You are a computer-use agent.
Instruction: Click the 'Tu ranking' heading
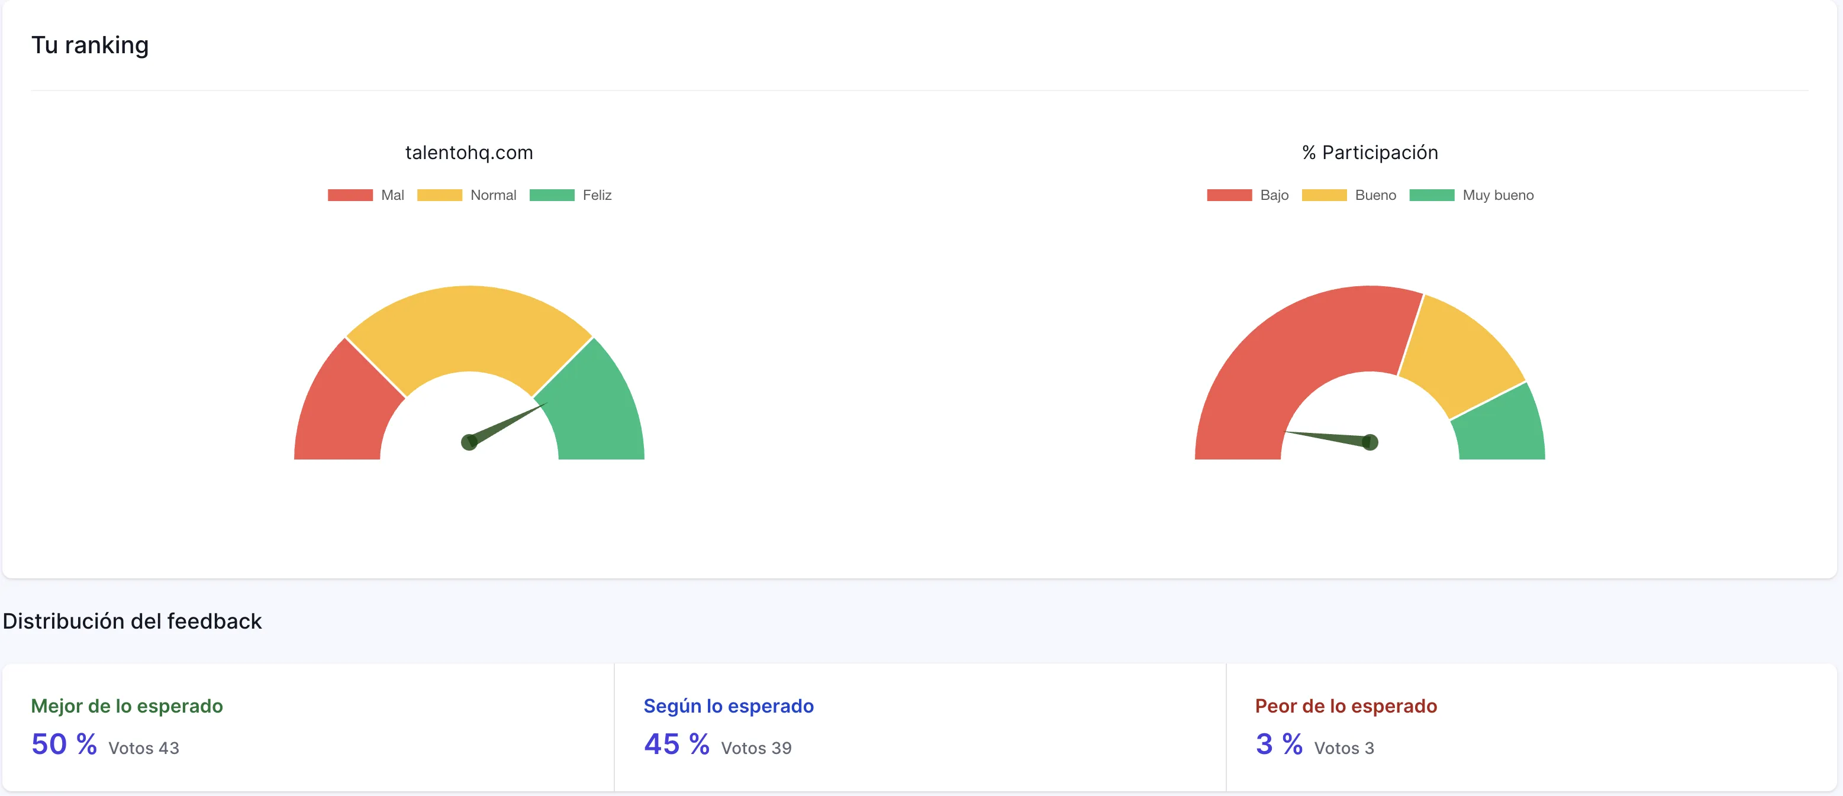point(90,45)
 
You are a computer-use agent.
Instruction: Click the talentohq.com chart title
point(469,153)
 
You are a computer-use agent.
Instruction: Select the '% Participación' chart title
point(1370,153)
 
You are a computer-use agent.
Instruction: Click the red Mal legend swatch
point(350,195)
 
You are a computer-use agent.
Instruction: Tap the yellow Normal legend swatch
point(439,195)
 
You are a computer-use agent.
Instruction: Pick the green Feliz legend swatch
point(552,195)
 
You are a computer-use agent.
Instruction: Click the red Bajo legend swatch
point(1229,195)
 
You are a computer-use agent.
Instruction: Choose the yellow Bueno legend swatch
point(1323,195)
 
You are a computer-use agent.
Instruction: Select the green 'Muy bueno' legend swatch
point(1432,195)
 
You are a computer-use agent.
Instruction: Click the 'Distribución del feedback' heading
point(133,621)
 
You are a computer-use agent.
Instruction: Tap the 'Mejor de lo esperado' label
point(127,706)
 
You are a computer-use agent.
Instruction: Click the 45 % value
point(676,745)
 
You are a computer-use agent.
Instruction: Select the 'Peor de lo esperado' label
point(1346,706)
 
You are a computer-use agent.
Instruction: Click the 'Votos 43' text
point(144,748)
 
